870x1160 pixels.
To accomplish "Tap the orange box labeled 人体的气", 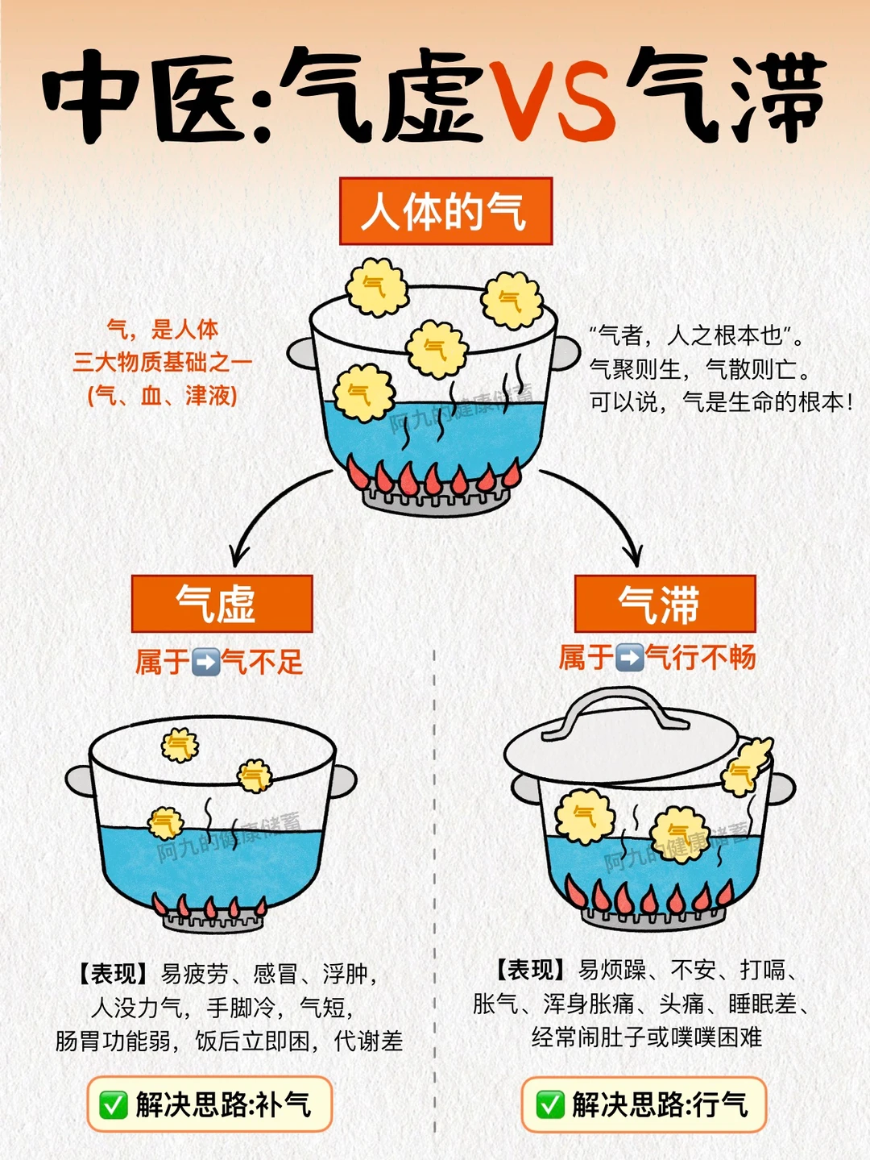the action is click(445, 211).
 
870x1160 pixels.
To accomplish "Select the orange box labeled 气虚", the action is click(222, 604).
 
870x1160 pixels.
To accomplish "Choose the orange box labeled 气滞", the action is click(665, 604).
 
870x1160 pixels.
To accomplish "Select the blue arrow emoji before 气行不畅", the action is click(629, 658).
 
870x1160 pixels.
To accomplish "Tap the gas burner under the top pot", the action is click(436, 501).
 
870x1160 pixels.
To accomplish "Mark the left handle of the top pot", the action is click(301, 353).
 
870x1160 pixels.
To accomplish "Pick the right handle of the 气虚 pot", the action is click(343, 781).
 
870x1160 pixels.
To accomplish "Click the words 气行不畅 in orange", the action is click(701, 658).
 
